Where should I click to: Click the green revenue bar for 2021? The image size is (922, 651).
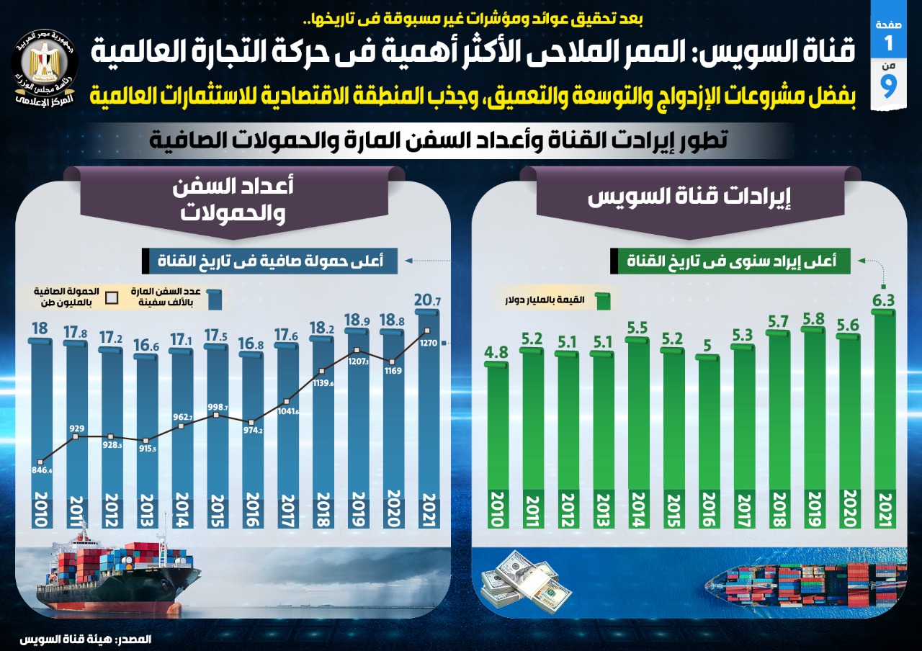[x=883, y=403]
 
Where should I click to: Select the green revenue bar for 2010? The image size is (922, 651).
[x=497, y=425]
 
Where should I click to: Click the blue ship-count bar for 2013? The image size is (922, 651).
[x=146, y=425]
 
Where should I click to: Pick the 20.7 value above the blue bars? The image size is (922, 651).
[x=428, y=300]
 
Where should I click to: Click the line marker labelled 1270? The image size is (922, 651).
[x=428, y=331]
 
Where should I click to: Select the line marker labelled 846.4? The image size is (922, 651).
[x=42, y=462]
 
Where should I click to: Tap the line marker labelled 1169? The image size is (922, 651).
[x=393, y=362]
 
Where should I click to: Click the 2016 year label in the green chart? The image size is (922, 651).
[x=709, y=509]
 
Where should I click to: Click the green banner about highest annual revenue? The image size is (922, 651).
[x=730, y=261]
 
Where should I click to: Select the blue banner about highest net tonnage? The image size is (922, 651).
[x=270, y=261]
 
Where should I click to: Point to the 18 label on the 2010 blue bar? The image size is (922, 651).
[x=40, y=329]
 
